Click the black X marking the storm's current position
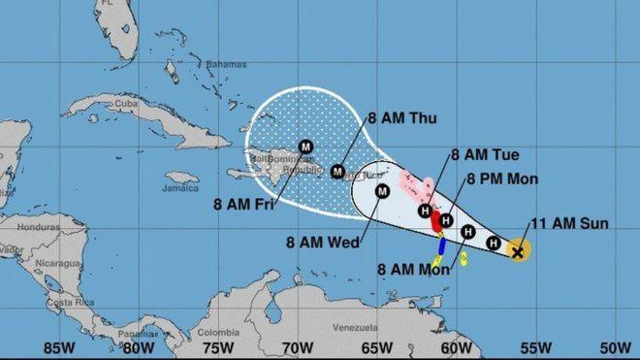518,251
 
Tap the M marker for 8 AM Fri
305,147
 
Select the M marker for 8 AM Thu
338,172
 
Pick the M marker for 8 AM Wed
382,191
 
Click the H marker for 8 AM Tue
425,211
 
